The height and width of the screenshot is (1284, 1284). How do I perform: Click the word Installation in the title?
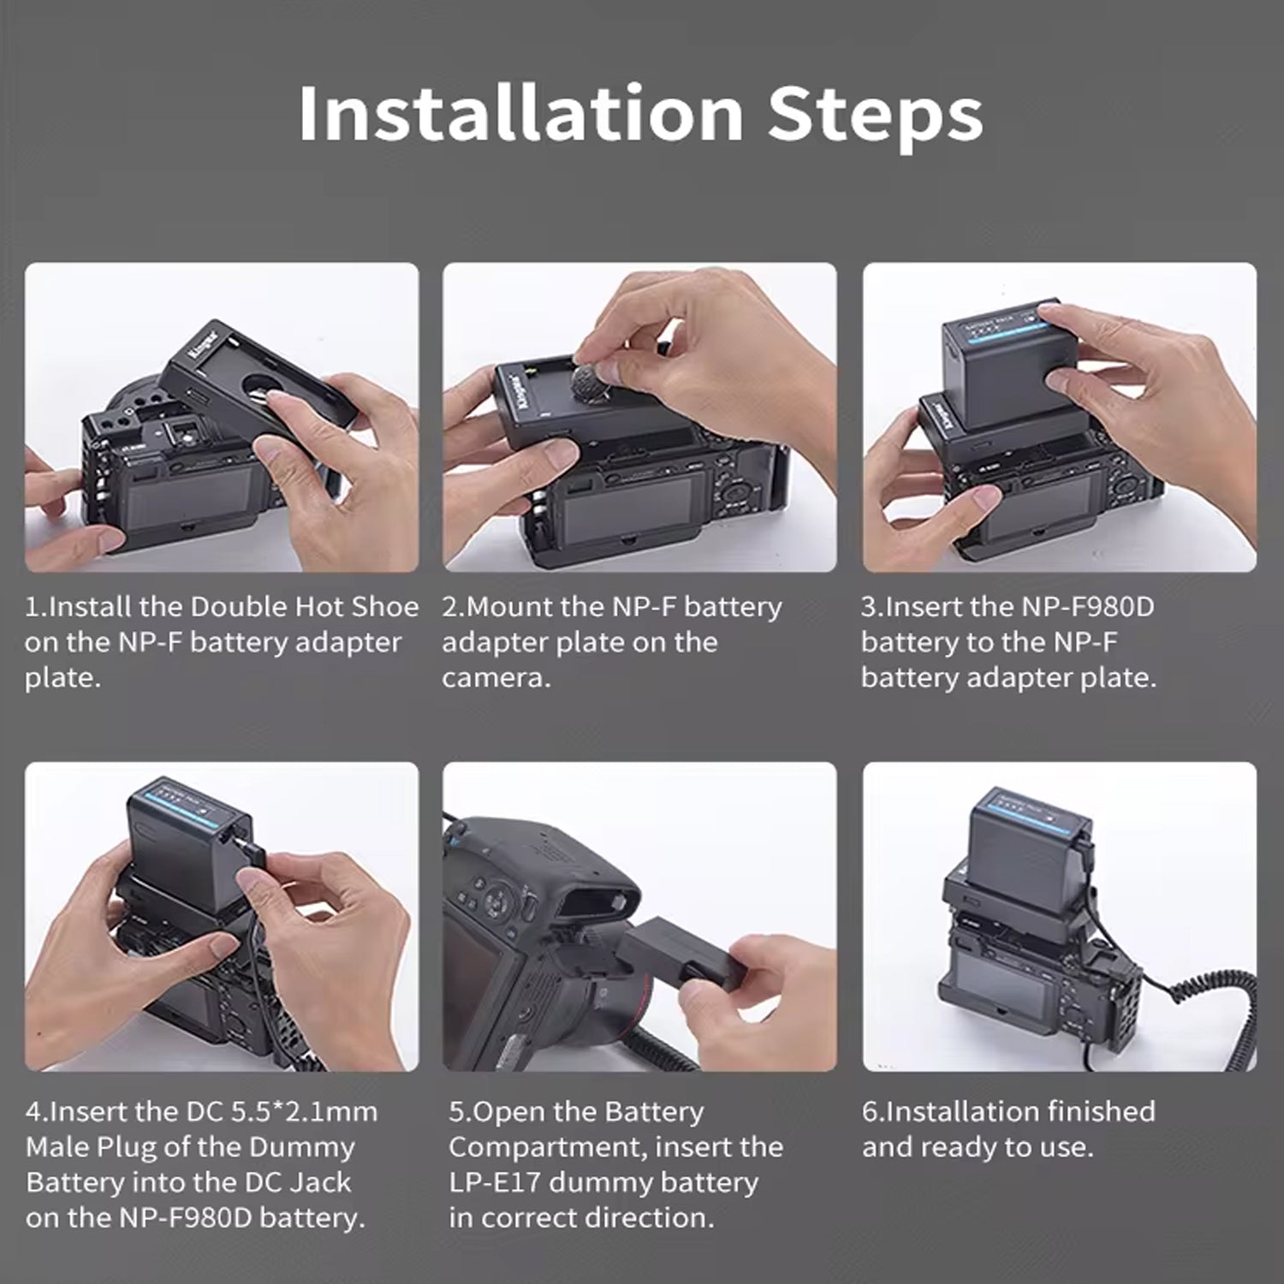click(520, 113)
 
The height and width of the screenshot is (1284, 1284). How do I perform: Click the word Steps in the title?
click(875, 113)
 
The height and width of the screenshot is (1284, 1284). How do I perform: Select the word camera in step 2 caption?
click(492, 678)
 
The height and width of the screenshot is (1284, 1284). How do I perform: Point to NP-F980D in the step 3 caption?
click(1088, 606)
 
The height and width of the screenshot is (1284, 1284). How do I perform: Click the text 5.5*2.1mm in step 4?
click(305, 1111)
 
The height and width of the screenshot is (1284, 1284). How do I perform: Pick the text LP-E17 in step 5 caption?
click(495, 1182)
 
